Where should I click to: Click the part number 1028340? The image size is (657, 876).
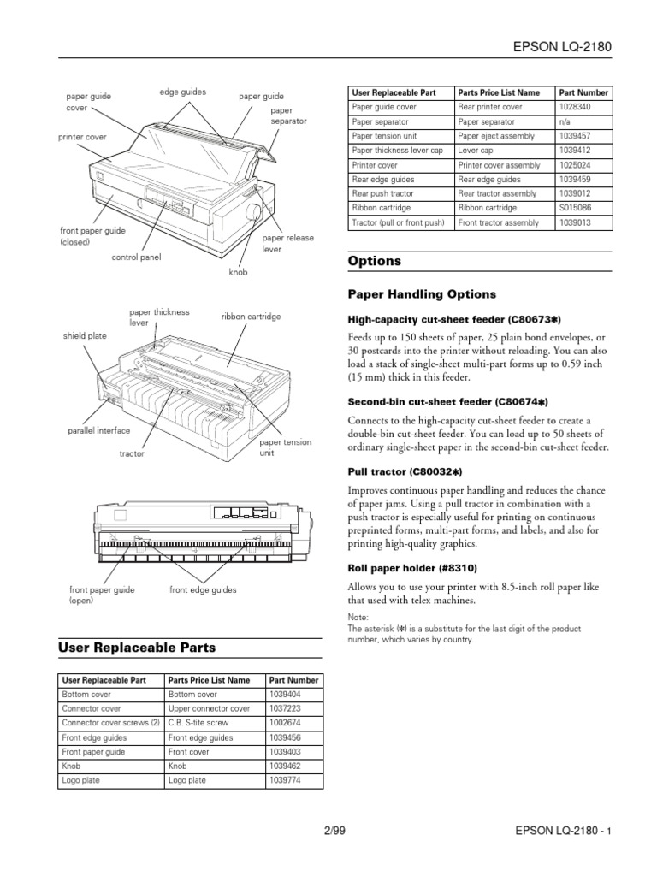coord(574,107)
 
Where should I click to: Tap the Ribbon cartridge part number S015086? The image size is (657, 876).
coord(574,208)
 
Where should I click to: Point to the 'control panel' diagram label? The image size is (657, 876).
coord(136,257)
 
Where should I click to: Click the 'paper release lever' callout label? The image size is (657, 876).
coord(287,244)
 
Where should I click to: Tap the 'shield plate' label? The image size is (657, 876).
coord(85,336)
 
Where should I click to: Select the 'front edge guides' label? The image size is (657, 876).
coord(203,589)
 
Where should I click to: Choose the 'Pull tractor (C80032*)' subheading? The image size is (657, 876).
coord(405,471)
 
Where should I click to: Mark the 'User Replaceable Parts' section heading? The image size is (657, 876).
coord(136,648)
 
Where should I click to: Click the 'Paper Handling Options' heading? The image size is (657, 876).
coord(422,294)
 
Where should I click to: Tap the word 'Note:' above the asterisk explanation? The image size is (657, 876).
coord(358,617)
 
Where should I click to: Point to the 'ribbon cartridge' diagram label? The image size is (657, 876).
coord(251,317)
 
